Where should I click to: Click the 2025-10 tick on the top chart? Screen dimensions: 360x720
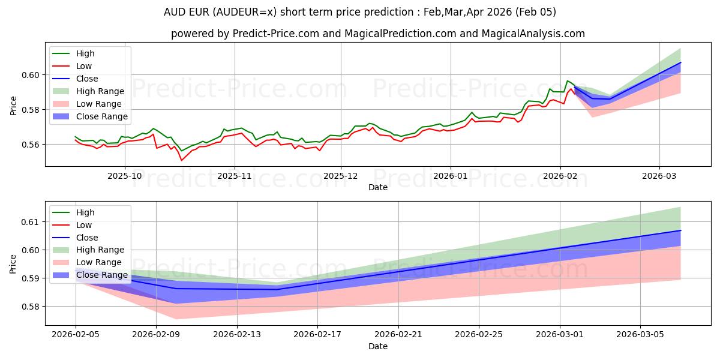tap(125, 176)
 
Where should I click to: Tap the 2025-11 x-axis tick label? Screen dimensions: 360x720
tap(234, 176)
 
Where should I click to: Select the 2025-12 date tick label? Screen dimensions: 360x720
tap(341, 176)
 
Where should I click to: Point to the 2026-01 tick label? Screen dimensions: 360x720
tap(450, 176)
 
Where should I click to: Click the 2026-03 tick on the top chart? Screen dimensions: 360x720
tap(659, 176)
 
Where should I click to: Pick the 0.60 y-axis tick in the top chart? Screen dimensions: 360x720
tap(33, 75)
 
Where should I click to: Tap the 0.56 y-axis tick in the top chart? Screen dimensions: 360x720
tap(33, 145)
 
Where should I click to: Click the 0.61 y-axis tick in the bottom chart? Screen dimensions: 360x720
tap(33, 222)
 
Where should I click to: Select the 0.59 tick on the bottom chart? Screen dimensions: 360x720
tap(33, 278)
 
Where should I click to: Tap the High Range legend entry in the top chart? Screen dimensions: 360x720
tap(100, 91)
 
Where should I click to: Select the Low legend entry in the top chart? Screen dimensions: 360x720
tap(84, 66)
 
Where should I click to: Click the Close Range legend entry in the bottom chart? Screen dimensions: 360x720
tap(102, 275)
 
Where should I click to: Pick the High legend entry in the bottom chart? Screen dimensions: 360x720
tap(85, 212)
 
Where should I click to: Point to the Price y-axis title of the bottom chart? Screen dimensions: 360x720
tap(13, 264)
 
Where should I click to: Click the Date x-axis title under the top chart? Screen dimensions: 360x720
tap(378, 187)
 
